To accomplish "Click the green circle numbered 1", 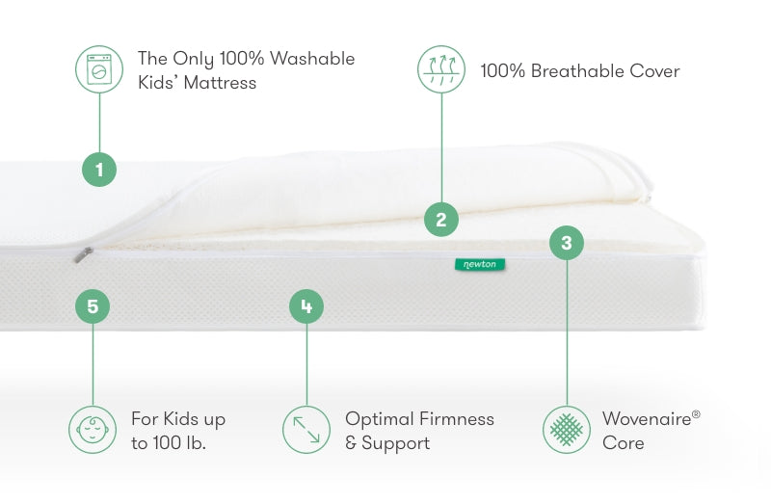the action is click(x=99, y=170).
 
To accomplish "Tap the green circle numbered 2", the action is click(x=441, y=220).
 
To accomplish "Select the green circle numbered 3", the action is click(x=567, y=243).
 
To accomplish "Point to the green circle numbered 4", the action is click(x=306, y=306).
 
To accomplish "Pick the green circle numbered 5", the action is click(x=93, y=306).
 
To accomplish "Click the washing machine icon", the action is click(x=99, y=69).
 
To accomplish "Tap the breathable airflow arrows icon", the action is click(x=441, y=69).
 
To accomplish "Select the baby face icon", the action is click(x=93, y=430).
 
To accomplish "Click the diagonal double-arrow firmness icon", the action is click(x=306, y=430).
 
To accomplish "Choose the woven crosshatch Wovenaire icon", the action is click(x=567, y=430).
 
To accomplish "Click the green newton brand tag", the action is click(x=479, y=265).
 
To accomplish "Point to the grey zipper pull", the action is click(x=83, y=254).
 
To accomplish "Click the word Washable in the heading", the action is click(x=312, y=59).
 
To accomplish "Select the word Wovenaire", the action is click(x=647, y=419).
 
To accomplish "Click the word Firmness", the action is click(x=455, y=419).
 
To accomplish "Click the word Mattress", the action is click(x=220, y=83).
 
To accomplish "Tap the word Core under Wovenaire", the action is click(x=623, y=443).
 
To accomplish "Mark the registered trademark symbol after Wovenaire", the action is click(x=696, y=414).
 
